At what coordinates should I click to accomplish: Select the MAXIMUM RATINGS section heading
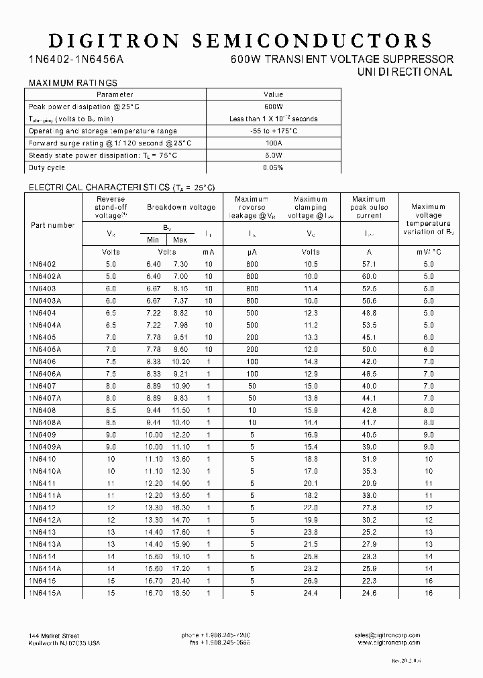point(72,83)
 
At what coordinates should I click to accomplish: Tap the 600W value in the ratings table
point(274,107)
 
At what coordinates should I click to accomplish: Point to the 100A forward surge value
point(274,143)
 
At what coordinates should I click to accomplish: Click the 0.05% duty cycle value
point(274,167)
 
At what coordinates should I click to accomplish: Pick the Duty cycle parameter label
point(47,167)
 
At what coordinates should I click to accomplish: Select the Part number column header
point(53,225)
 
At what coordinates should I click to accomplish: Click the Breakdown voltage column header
point(181,207)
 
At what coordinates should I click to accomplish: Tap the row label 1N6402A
point(45,276)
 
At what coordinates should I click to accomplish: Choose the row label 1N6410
point(42,459)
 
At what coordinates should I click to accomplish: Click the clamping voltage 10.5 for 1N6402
point(311,265)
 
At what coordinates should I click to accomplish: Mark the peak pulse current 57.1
point(369,265)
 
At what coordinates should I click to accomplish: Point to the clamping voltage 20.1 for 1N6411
point(311,483)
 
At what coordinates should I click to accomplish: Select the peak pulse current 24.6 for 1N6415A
point(369,593)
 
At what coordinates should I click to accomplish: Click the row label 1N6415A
point(45,593)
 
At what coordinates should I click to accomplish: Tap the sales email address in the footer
point(388,635)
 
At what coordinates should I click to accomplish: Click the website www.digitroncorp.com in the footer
point(389,643)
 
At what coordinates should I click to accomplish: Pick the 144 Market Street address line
point(54,635)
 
